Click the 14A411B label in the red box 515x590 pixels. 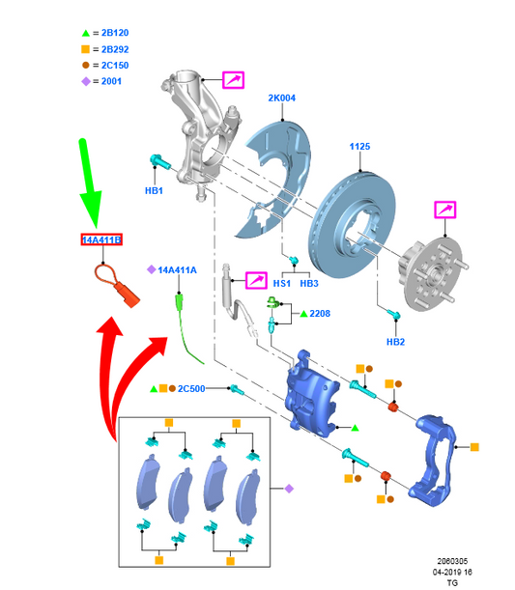coord(101,239)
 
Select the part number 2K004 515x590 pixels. coord(281,98)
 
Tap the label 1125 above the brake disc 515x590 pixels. coord(359,147)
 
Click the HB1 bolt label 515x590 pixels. coord(154,191)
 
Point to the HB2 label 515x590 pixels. coord(395,342)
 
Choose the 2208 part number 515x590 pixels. coord(320,314)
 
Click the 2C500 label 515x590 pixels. coord(191,389)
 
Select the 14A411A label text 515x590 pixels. coord(177,270)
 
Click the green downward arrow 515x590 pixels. coord(90,183)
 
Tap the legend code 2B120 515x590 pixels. coord(115,33)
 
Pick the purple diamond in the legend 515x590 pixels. coord(86,81)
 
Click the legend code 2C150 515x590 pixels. coord(115,65)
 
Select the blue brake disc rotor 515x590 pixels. coord(352,225)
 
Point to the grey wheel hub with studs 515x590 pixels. coord(433,273)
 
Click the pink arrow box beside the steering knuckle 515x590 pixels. coord(234,80)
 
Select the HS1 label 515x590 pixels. coord(282,283)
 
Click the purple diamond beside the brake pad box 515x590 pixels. coord(289,489)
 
